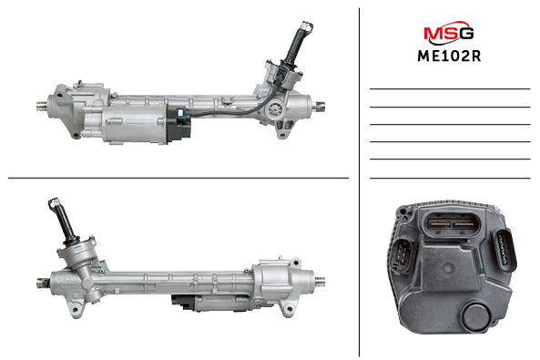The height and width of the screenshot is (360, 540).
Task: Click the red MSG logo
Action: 448,33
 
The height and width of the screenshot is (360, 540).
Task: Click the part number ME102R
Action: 449,57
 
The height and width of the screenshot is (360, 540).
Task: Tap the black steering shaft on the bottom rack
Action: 65,223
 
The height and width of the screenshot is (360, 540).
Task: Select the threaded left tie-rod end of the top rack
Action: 43,107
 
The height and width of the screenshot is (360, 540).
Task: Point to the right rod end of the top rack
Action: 318,108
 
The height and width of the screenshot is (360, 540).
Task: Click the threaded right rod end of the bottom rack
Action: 320,282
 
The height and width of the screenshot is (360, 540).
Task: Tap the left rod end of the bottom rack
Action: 43,283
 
